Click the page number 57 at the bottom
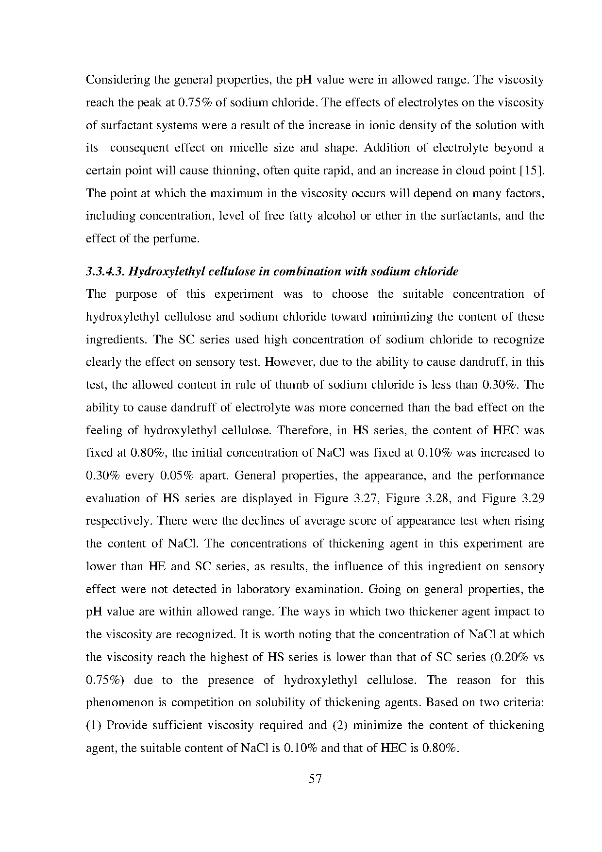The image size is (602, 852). pyautogui.click(x=315, y=779)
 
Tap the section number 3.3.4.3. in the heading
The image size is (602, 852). pyautogui.click(x=106, y=272)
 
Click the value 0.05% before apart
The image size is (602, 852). pyautogui.click(x=176, y=476)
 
